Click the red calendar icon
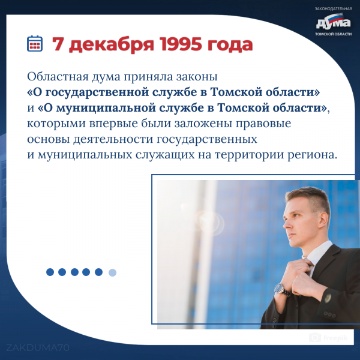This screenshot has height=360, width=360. coord(35,43)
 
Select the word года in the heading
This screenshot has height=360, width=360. coord(230,45)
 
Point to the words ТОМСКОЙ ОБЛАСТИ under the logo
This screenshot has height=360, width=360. coord(333,34)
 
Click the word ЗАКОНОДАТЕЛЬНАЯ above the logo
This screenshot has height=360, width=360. coord(333,9)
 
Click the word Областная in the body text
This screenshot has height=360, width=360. coord(58,76)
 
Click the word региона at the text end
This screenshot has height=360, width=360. coord(312,155)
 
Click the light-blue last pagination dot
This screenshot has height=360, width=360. coord(113,272)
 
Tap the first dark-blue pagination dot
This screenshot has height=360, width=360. coord(50,272)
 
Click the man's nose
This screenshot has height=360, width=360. coord(286,224)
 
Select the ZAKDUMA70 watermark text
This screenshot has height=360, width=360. coord(38,348)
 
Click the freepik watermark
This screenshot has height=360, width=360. coord(329,338)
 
